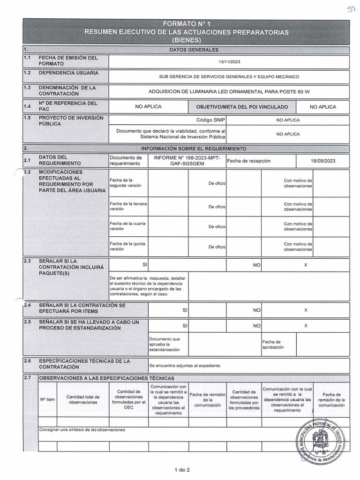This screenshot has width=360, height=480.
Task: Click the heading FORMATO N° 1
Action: coord(186,23)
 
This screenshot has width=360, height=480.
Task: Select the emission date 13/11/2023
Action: coord(228,61)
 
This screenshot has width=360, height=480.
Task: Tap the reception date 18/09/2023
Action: coord(323,161)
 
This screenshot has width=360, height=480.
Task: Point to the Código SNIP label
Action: coord(211,120)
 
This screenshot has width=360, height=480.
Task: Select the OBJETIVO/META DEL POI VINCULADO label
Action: coord(242,107)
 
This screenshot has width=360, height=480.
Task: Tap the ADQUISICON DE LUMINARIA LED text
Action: coord(229,91)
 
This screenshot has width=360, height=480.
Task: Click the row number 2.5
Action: coord(27,322)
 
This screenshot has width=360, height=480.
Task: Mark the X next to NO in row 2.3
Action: coord(306,265)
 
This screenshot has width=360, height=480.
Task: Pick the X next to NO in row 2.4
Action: coord(306,310)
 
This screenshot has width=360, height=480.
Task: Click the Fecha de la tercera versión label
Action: coord(127,207)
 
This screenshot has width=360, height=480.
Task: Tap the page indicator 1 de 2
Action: coord(181,470)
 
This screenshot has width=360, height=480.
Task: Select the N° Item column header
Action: coord(47,399)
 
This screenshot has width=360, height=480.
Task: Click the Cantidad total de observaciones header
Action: coord(83,399)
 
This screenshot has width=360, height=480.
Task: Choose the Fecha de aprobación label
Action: coord(271,345)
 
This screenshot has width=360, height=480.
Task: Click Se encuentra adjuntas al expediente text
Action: coord(185,366)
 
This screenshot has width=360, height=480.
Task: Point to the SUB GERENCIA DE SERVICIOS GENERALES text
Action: coord(229,76)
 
